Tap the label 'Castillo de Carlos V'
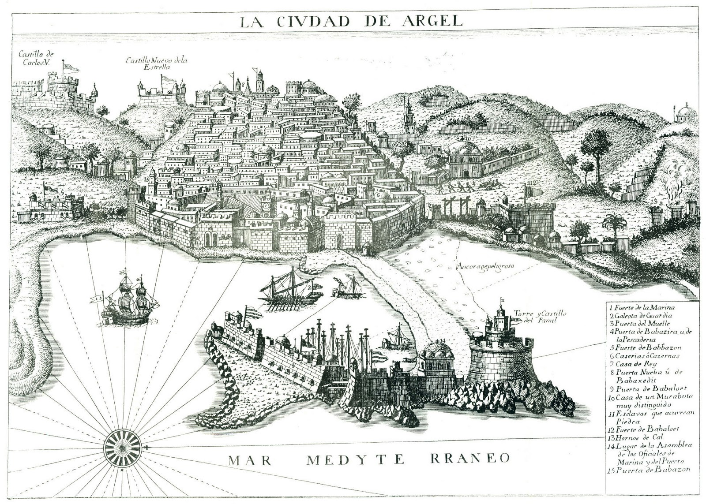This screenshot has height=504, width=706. tap(36, 58)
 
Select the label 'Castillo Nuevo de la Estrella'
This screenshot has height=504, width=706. tap(156, 63)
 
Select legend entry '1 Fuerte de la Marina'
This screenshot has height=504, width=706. tap(642, 308)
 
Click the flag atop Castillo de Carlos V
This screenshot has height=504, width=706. tap(71, 67)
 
